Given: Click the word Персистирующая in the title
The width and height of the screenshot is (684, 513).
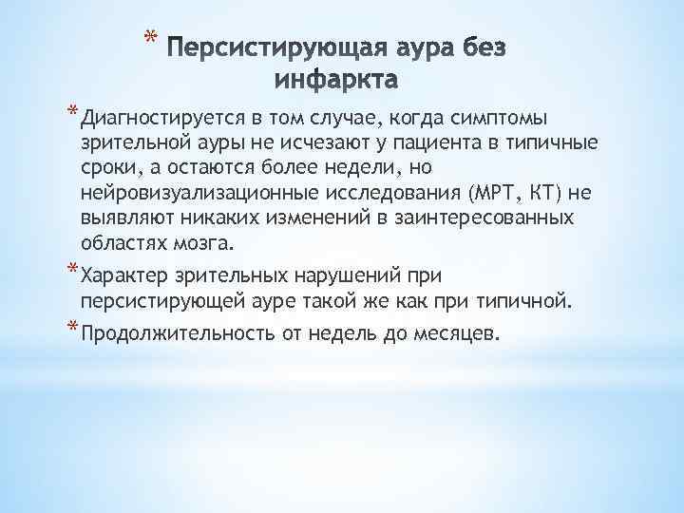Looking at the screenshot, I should tap(256, 47).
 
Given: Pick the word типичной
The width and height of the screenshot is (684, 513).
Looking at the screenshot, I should tap(527, 303).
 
